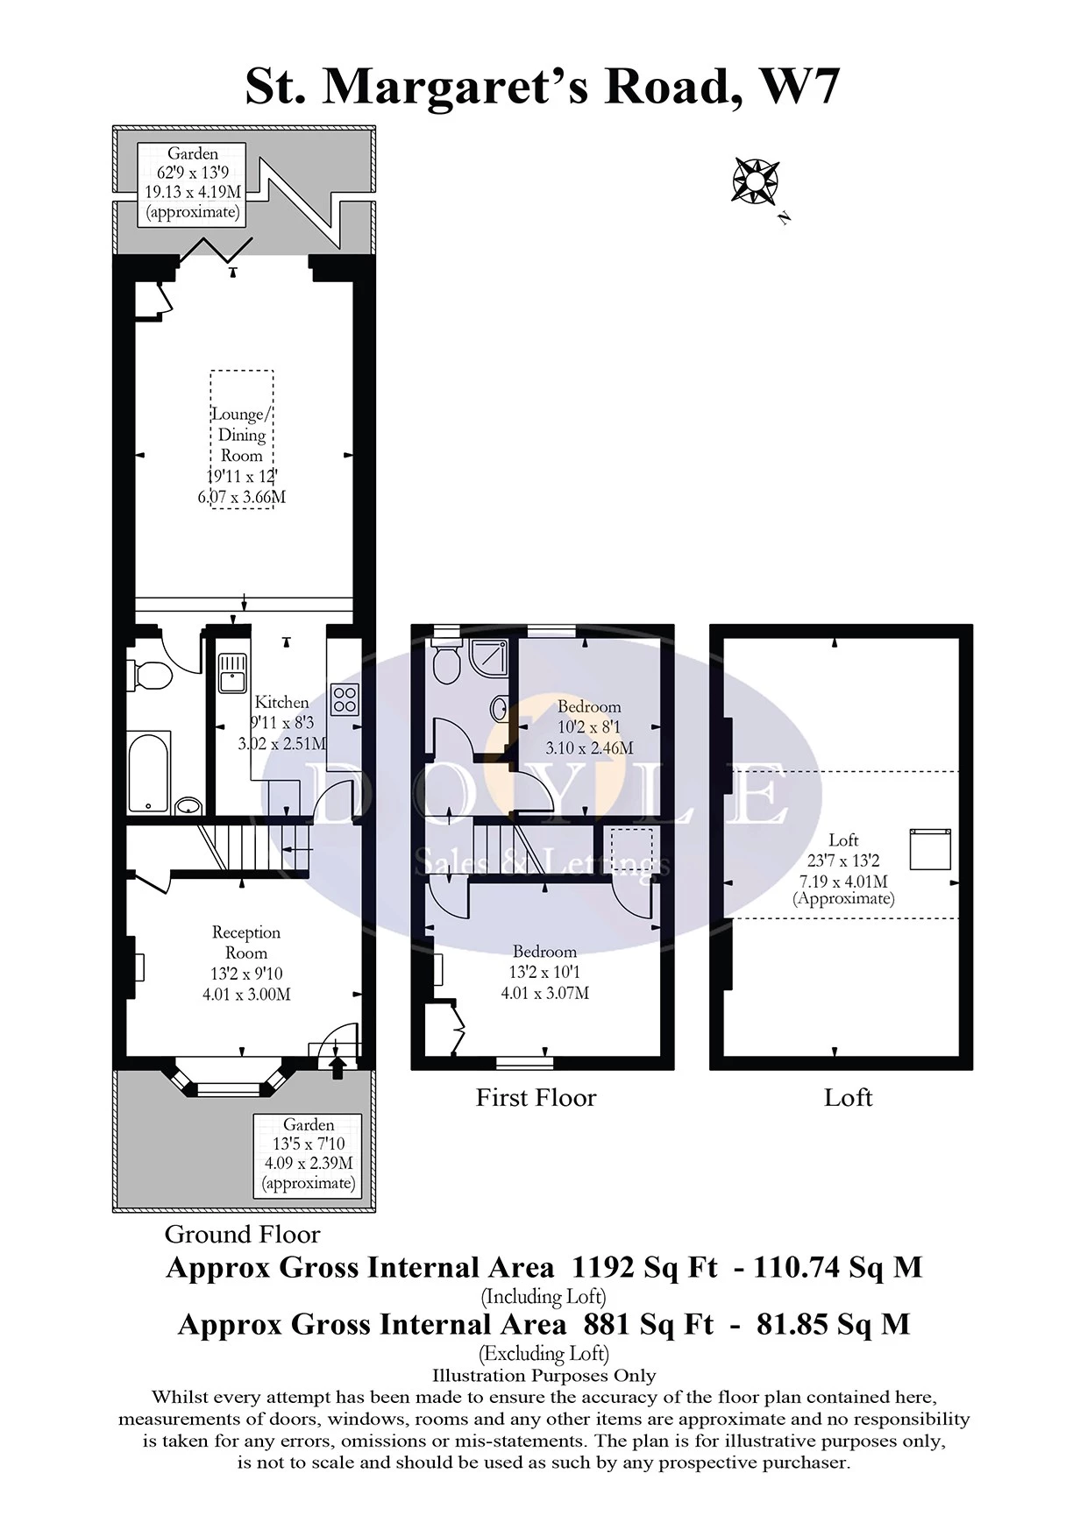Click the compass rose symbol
click(x=755, y=181)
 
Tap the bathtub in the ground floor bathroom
click(x=149, y=772)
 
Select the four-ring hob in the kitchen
click(x=345, y=698)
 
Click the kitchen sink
click(x=232, y=672)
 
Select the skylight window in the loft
click(x=930, y=848)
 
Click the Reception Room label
click(x=246, y=943)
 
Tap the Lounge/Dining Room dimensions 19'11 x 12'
click(x=242, y=477)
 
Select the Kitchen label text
click(x=281, y=702)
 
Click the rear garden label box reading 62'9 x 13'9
click(x=193, y=182)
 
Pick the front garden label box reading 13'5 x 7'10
click(x=309, y=1153)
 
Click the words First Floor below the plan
click(x=536, y=1097)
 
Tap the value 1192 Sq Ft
click(x=644, y=1267)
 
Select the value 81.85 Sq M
click(x=834, y=1323)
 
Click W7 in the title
click(x=799, y=86)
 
